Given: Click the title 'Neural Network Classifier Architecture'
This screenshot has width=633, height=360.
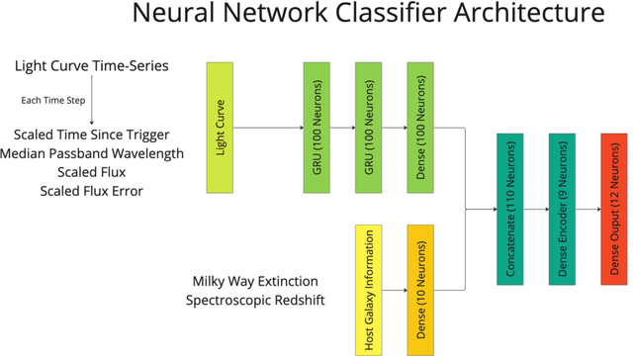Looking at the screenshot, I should pyautogui.click(x=367, y=16).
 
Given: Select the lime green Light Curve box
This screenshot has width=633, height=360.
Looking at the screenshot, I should pyautogui.click(x=219, y=128).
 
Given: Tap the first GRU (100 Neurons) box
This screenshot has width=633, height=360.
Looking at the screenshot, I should pyautogui.click(x=316, y=128).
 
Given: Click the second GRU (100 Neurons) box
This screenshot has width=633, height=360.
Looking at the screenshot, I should pyautogui.click(x=368, y=128).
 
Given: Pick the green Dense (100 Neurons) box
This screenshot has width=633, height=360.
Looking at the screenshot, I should pyautogui.click(x=419, y=128).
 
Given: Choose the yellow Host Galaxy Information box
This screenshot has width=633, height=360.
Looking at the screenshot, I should pyautogui.click(x=368, y=290).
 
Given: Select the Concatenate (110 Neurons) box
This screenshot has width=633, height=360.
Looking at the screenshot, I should pyautogui.click(x=509, y=210).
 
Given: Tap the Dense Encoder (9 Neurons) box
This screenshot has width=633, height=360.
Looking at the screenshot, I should pyautogui.click(x=562, y=210).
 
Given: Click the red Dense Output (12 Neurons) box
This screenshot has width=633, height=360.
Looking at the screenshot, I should pyautogui.click(x=613, y=210).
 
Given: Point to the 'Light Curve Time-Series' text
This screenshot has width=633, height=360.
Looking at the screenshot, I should pyautogui.click(x=91, y=66).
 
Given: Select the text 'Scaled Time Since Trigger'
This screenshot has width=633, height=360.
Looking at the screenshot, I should pyautogui.click(x=91, y=135).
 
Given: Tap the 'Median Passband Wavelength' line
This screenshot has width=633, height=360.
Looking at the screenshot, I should pyautogui.click(x=91, y=153).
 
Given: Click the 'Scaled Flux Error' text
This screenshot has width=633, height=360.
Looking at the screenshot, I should pyautogui.click(x=91, y=190).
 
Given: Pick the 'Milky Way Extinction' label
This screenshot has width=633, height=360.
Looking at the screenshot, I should pyautogui.click(x=255, y=281).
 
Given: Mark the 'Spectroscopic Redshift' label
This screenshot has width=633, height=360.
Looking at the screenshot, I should pyautogui.click(x=255, y=299).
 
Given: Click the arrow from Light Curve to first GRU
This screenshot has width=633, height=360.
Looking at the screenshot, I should pyautogui.click(x=267, y=128).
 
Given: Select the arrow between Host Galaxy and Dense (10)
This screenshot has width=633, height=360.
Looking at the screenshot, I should pyautogui.click(x=394, y=290).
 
